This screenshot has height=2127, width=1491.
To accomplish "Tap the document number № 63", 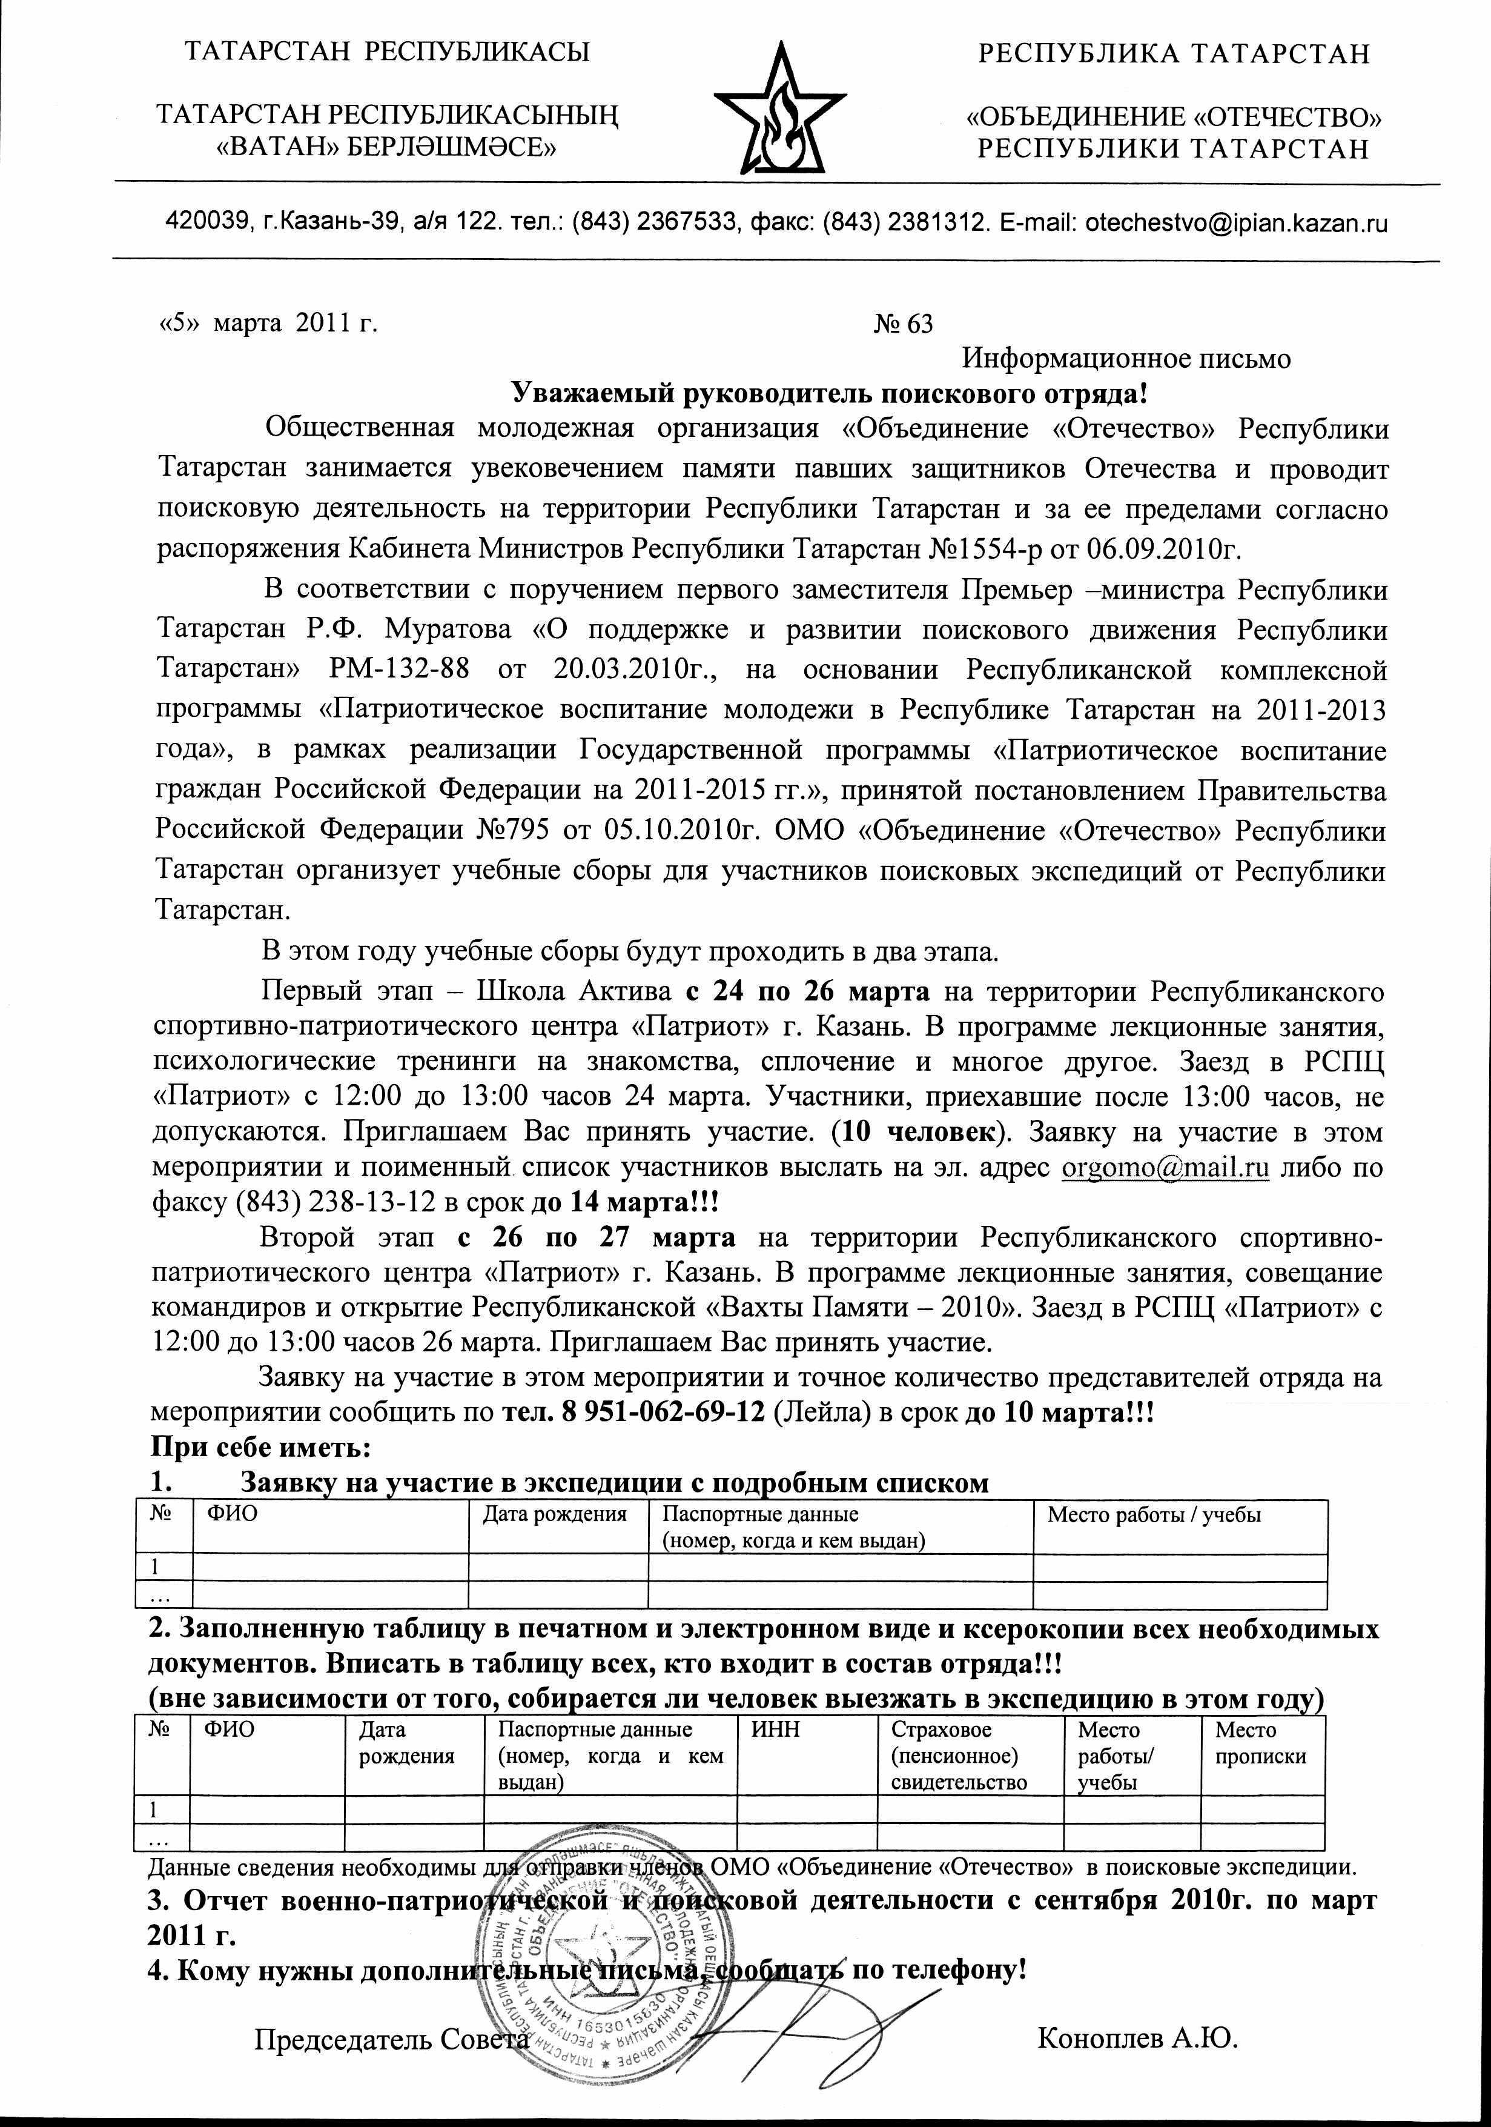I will click(903, 324).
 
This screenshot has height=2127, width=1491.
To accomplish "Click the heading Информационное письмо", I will click(1126, 359).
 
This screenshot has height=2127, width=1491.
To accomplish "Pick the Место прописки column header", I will click(1260, 1743).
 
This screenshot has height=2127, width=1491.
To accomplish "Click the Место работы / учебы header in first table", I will click(1154, 1514).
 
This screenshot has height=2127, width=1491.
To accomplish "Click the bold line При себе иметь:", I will click(260, 1447).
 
